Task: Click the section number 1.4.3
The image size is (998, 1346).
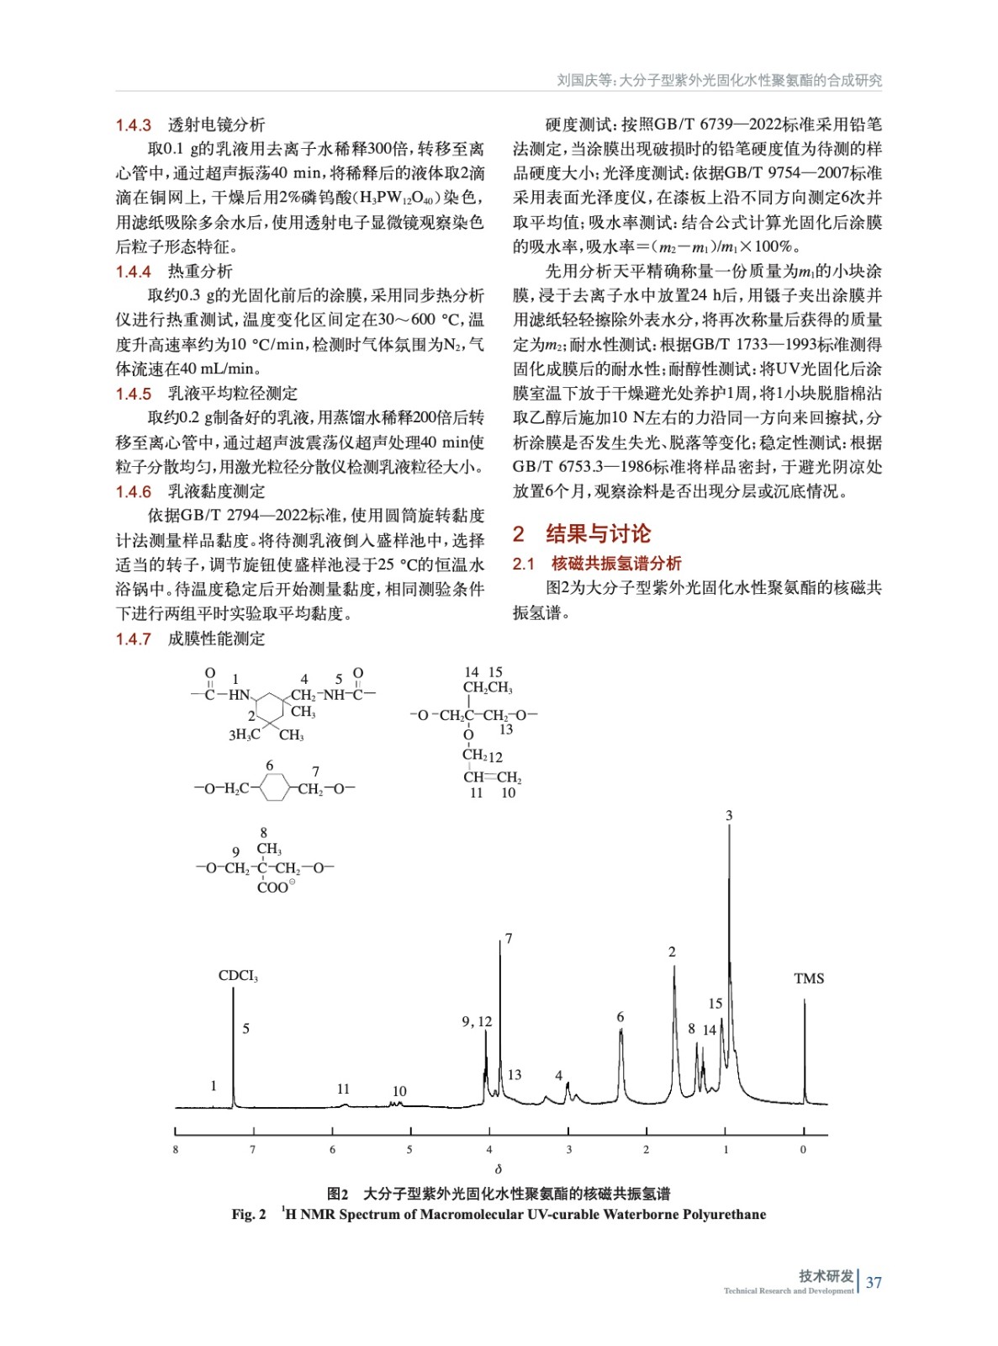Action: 133,125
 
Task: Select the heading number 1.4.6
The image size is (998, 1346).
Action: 133,492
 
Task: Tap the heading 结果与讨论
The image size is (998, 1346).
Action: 598,534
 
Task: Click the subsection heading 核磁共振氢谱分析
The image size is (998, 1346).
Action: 616,564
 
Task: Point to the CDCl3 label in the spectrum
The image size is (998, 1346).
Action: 238,976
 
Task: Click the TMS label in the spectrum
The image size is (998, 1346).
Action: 809,978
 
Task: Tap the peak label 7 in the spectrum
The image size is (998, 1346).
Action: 509,938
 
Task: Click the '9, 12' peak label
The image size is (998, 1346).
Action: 477,1021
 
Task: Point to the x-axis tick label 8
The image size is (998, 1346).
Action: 175,1149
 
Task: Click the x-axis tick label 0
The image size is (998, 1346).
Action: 803,1149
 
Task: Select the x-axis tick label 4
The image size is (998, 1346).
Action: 489,1149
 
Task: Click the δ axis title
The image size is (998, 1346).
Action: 499,1169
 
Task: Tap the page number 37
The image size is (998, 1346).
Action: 874,1282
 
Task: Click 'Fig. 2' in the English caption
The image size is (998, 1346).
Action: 249,1215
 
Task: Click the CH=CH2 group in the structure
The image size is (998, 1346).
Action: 492,777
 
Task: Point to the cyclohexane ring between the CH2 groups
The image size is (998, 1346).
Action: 275,788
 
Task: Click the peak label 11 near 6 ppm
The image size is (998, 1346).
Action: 343,1089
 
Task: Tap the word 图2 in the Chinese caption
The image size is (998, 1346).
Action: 337,1194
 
